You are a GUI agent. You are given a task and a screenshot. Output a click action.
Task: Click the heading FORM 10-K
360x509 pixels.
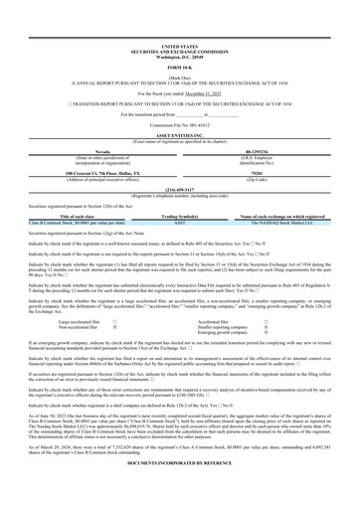(179, 39)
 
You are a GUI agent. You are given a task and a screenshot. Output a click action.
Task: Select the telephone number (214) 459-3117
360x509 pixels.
(179, 161)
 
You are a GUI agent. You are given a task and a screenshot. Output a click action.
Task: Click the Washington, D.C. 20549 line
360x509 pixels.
(179, 27)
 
